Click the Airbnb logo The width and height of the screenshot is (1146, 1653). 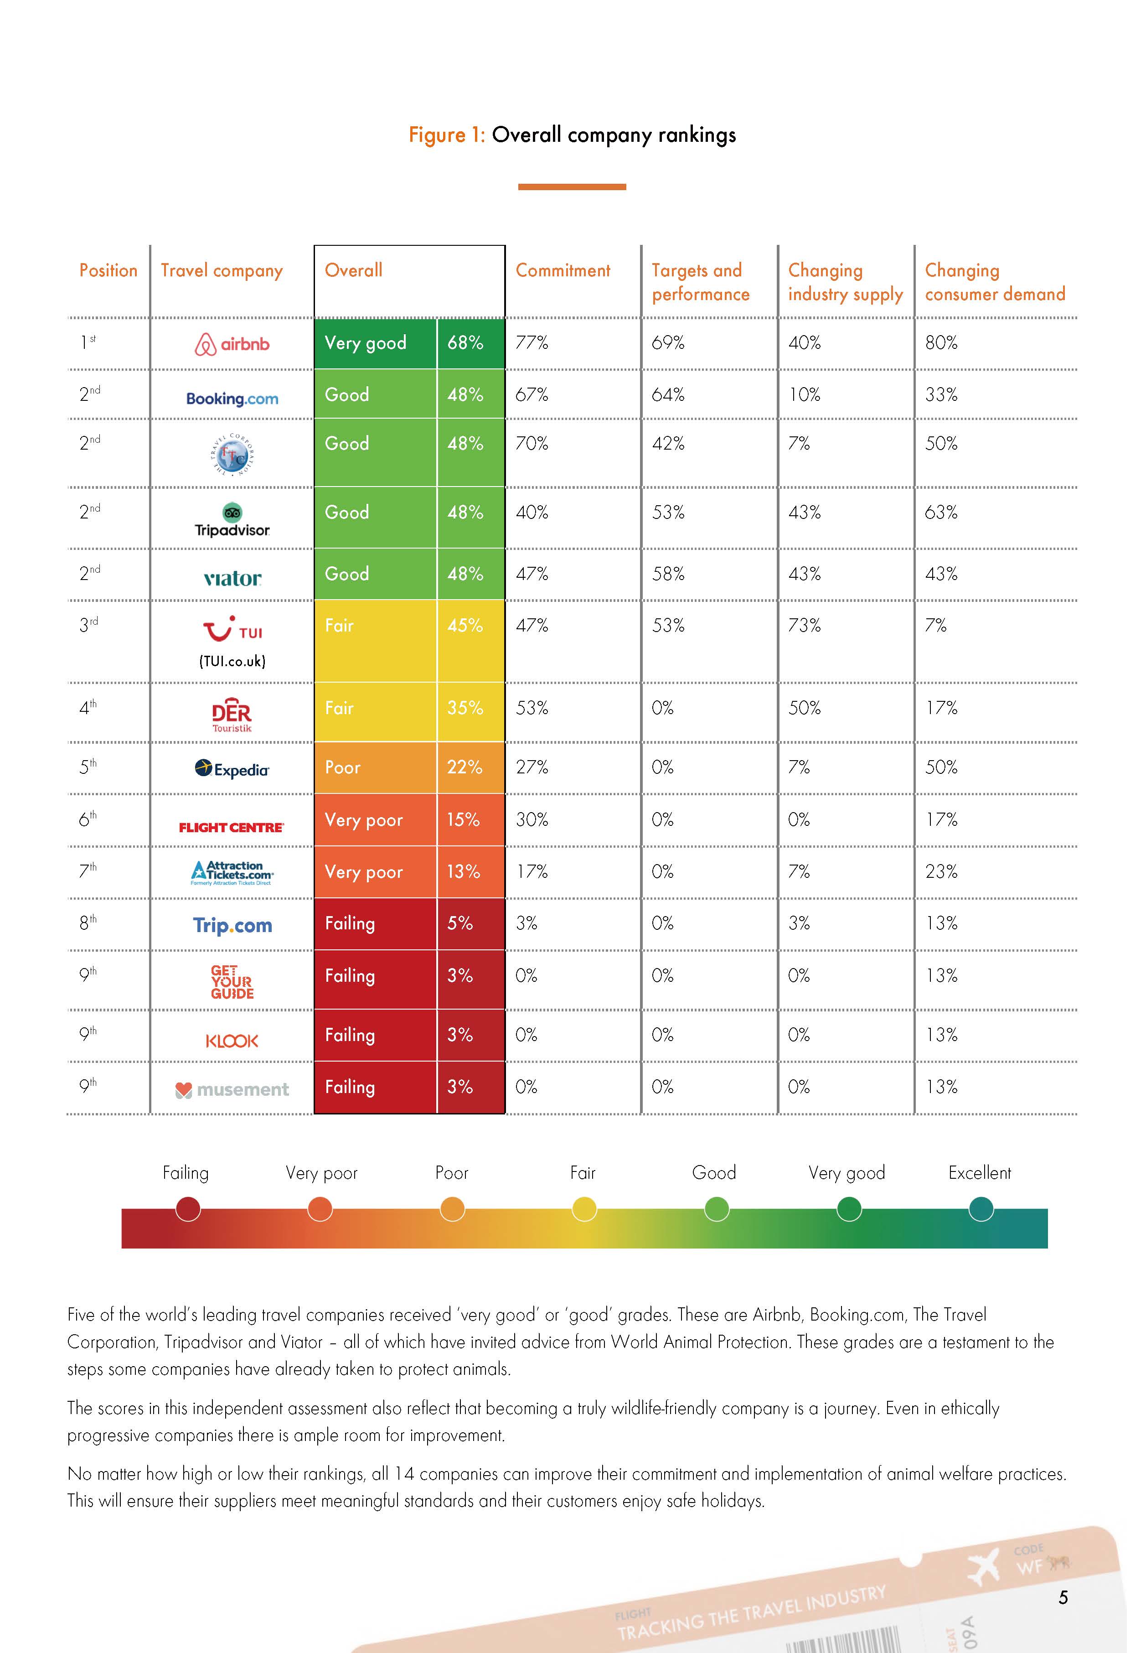[232, 345]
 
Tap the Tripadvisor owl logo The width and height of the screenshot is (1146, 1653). [232, 513]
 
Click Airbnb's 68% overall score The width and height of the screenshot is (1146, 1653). [465, 343]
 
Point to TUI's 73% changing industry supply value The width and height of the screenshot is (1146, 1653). [804, 626]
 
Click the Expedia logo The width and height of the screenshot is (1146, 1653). [232, 769]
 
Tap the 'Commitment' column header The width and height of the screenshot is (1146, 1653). [563, 271]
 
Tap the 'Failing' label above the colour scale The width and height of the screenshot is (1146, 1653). [185, 1173]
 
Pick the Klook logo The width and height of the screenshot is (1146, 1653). [232, 1041]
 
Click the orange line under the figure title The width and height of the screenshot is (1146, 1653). [572, 187]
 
